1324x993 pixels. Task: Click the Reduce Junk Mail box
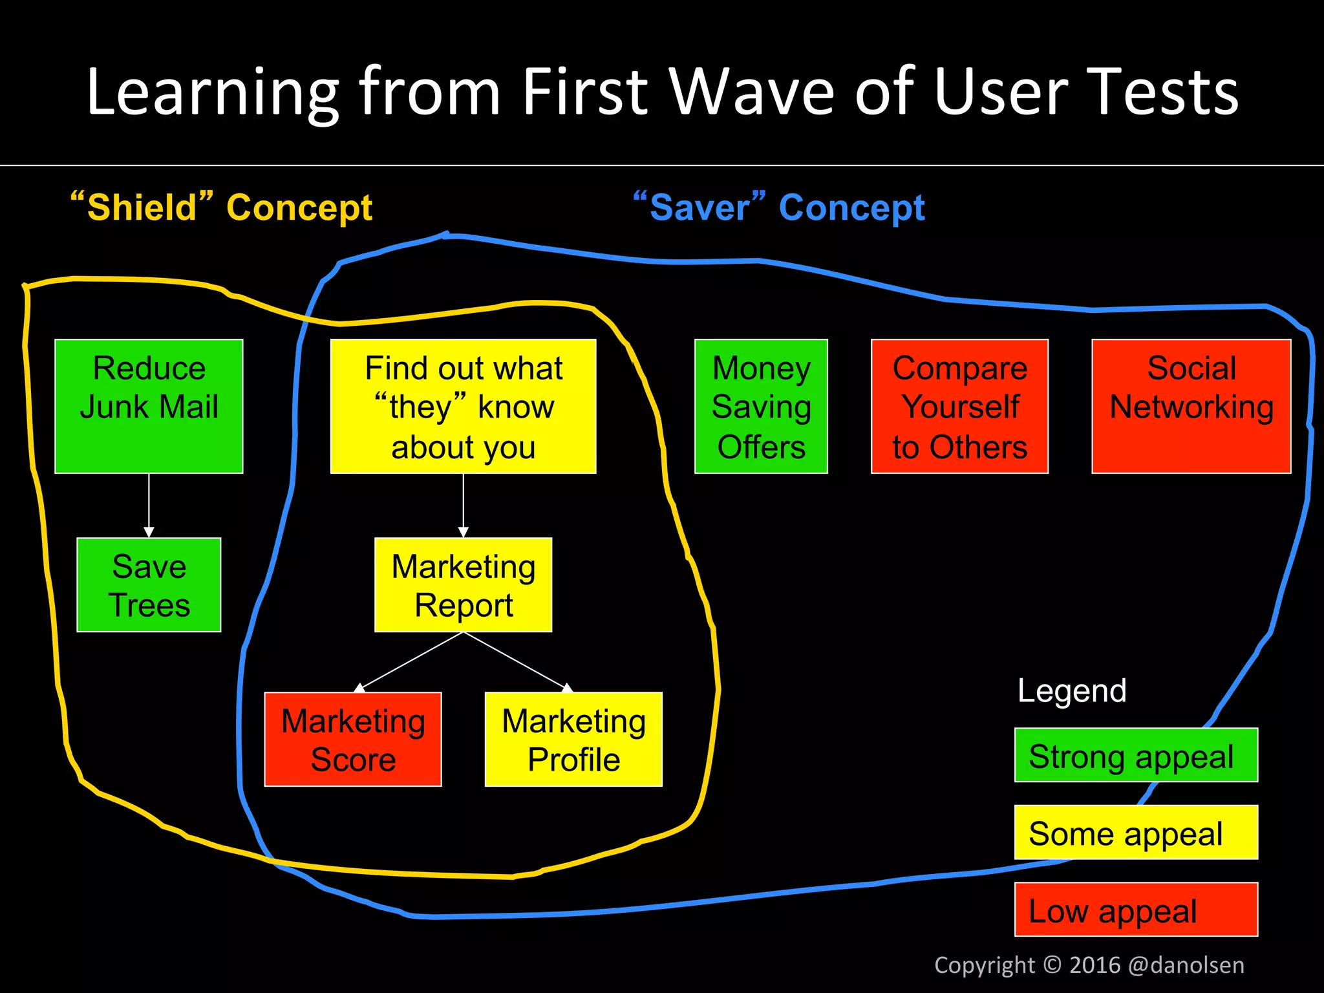[149, 406]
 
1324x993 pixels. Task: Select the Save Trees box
[149, 584]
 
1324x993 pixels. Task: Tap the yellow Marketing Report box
[463, 584]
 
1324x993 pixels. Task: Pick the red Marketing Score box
[353, 739]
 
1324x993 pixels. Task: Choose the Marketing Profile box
[573, 739]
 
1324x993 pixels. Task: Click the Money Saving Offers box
[761, 406]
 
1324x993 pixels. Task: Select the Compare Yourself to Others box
[959, 406]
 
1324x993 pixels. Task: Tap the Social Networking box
[1191, 406]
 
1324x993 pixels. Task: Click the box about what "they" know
[463, 406]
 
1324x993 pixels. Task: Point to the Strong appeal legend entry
[1136, 755]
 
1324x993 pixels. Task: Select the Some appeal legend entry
[1136, 832]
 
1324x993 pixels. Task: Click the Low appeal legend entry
[1136, 909]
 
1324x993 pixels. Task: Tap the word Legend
[1072, 690]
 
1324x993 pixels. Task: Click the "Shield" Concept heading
[222, 208]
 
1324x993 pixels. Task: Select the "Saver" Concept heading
[779, 208]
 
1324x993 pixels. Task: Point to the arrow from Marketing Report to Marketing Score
[411, 661]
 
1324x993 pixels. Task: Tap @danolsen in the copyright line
[1186, 965]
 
